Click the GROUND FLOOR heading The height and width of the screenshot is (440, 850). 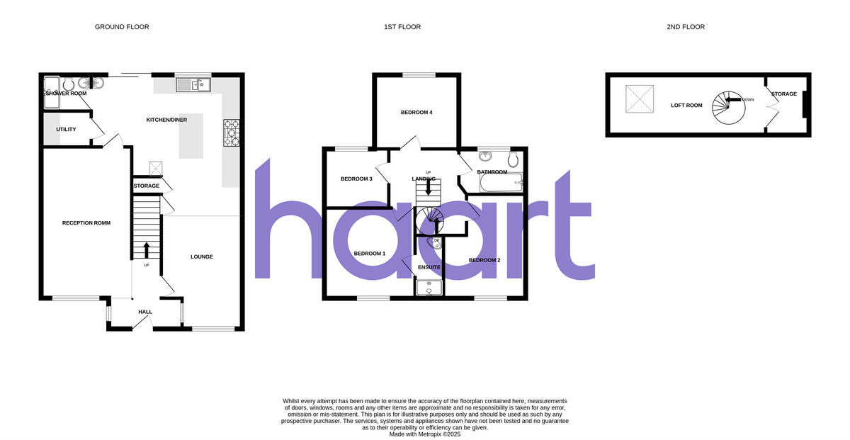tap(122, 27)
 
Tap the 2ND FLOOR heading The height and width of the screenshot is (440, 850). tap(686, 27)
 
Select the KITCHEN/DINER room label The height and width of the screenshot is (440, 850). tap(166, 120)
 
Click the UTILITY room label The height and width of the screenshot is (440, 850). tap(66, 130)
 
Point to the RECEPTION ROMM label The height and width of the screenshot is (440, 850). tap(86, 223)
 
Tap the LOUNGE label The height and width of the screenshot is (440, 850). tap(202, 256)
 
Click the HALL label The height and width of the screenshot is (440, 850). tap(145, 312)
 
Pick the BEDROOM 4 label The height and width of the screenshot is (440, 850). tap(416, 113)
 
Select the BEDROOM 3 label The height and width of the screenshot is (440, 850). tap(356, 179)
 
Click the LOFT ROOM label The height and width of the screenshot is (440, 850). tap(686, 106)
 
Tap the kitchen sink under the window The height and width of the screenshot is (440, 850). tap(191, 86)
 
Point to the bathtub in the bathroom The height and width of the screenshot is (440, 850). tap(500, 184)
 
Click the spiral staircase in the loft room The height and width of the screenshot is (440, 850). tap(726, 108)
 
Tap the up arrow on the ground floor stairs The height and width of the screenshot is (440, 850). tap(147, 250)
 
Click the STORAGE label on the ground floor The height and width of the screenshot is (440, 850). tap(147, 186)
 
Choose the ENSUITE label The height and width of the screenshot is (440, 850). tap(429, 267)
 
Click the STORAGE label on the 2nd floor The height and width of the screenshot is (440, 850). tap(784, 94)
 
